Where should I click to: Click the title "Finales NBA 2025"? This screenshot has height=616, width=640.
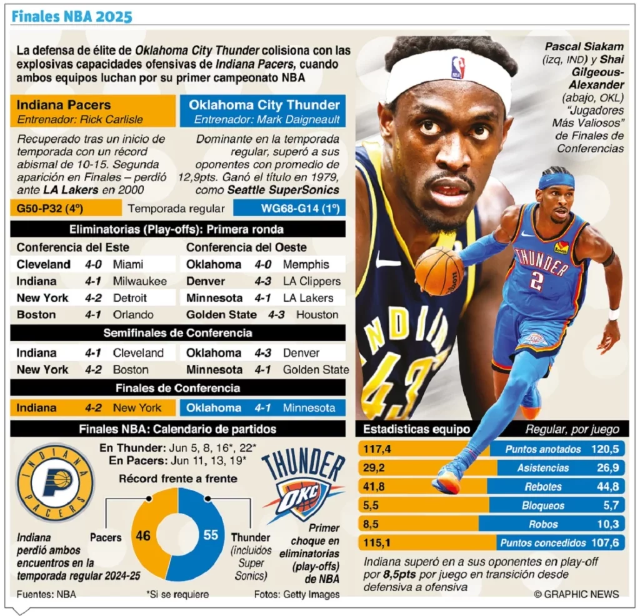click(72, 16)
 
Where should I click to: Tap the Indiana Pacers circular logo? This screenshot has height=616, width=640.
click(55, 482)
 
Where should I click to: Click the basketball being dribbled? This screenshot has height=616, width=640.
click(439, 271)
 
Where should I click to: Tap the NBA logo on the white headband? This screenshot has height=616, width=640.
click(458, 67)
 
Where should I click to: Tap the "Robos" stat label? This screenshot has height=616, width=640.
click(542, 524)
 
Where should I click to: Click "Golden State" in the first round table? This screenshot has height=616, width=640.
click(221, 315)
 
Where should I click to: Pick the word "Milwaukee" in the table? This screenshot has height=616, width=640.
click(139, 281)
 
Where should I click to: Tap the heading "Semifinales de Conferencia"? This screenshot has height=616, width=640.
click(177, 333)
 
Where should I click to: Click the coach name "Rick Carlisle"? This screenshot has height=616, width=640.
click(114, 119)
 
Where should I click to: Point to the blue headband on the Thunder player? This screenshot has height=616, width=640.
click(556, 181)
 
